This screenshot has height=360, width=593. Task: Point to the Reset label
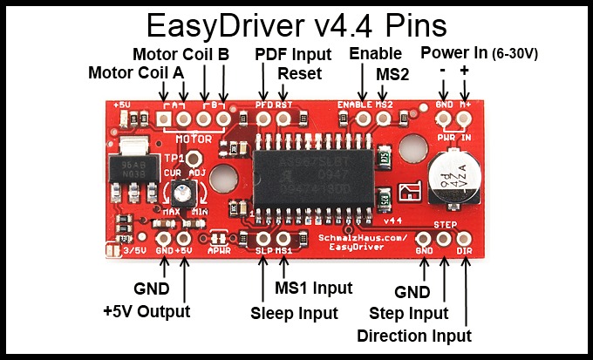tap(299, 73)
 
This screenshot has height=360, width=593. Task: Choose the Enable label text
tap(375, 54)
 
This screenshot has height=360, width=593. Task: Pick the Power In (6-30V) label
tap(479, 53)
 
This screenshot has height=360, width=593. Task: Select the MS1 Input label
tap(314, 288)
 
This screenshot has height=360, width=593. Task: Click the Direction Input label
tap(414, 336)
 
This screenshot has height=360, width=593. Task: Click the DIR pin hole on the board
tap(464, 238)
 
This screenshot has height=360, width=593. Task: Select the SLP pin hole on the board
tap(263, 237)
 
